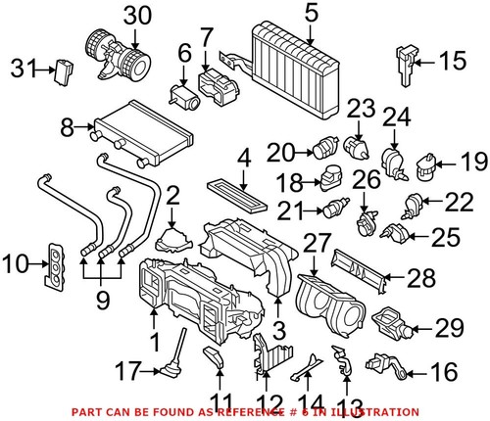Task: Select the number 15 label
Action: coord(450,63)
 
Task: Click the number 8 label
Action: coord(67,126)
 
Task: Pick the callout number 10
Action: coord(17,264)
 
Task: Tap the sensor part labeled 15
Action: coord(405,61)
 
